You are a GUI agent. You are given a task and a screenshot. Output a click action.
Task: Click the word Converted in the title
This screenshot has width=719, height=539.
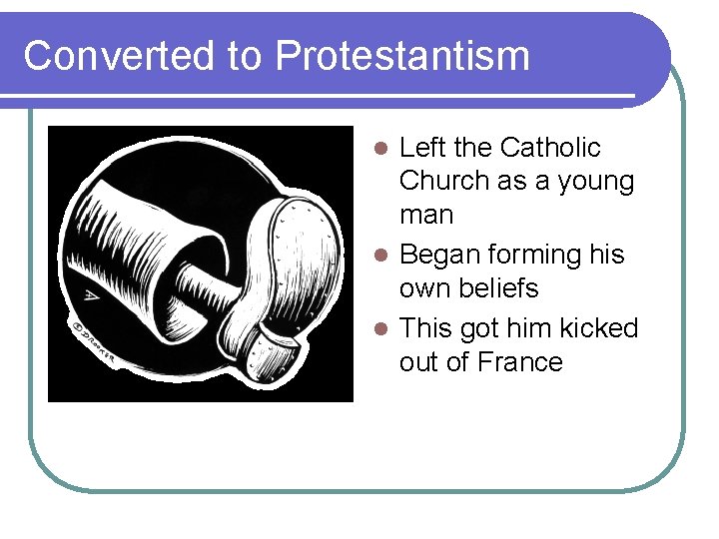(120, 56)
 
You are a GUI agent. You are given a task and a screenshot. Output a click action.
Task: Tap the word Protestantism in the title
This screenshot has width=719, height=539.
(402, 56)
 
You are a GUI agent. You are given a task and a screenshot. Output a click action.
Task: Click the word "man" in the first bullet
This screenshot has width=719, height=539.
(425, 215)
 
